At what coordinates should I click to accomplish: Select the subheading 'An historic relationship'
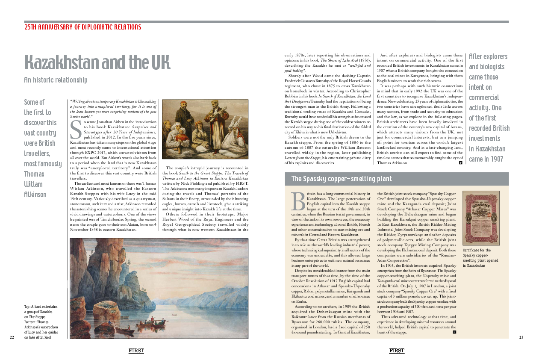click(56, 80)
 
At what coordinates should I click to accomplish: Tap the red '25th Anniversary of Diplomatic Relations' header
click(82, 27)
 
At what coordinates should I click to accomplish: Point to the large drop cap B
click(298, 201)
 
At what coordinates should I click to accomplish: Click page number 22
click(12, 337)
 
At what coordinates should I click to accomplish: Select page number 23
click(521, 337)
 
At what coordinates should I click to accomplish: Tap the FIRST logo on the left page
click(136, 351)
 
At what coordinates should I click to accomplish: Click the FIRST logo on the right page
click(397, 351)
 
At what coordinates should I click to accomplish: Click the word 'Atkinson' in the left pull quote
click(35, 195)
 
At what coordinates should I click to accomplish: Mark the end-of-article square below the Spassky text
click(454, 332)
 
